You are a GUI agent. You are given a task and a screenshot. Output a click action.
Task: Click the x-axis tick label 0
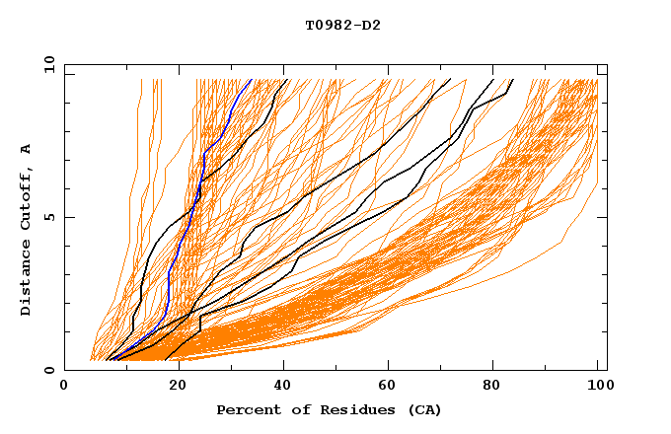[x=64, y=389]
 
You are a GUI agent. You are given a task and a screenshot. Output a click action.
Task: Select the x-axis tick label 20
[x=171, y=389]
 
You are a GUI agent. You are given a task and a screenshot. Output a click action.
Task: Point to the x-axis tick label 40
[x=277, y=389]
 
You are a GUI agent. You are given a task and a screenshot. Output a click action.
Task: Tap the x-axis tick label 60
[x=384, y=389]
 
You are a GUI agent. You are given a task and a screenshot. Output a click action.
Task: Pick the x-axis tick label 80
[x=490, y=389]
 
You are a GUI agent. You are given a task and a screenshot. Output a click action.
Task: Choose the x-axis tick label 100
[x=597, y=389]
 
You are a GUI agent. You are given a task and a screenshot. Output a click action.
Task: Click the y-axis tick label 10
[x=48, y=64]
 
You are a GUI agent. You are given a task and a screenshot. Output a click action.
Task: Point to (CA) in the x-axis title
[x=423, y=409]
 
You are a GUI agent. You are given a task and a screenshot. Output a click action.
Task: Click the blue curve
[x=201, y=178]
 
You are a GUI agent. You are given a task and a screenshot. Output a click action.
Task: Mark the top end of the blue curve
[x=252, y=79]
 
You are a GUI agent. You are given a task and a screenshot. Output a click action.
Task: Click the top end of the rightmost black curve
[x=513, y=79]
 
